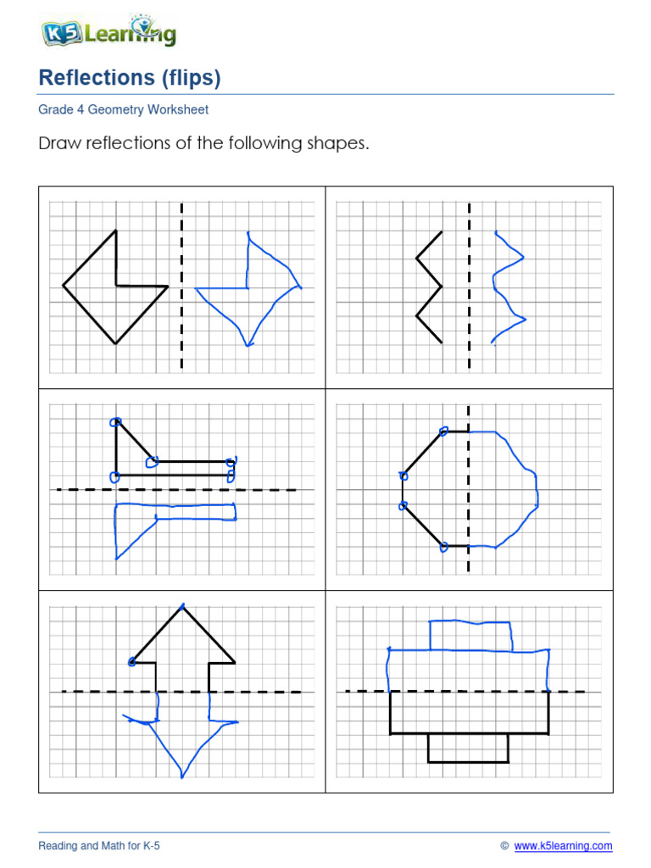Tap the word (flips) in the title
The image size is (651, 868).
point(187,79)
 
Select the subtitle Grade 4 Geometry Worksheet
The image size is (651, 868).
point(124,110)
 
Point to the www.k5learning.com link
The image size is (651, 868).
point(563,846)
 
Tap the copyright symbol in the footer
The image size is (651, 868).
point(504,846)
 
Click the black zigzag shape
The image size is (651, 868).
point(430,287)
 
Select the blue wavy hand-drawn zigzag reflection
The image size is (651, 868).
point(508,287)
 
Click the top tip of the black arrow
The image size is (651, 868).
point(182,606)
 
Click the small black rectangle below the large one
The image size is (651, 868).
point(468,748)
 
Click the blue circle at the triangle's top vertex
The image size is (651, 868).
point(115,422)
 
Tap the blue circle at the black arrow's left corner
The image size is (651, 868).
point(133,662)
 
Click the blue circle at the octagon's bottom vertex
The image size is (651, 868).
point(443,547)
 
